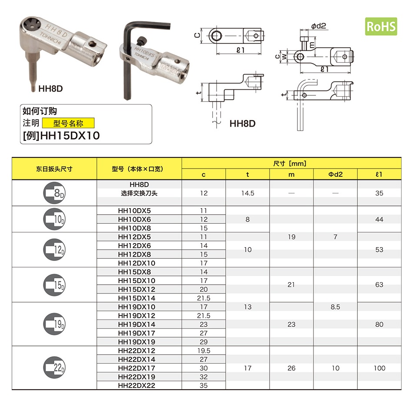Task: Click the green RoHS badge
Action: pos(381,26)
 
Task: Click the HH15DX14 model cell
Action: pos(137,298)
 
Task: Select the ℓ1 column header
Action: pos(379,174)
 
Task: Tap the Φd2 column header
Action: pos(335,174)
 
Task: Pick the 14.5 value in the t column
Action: pos(247,193)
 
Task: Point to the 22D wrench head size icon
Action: pos(54,368)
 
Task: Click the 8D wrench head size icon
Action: pos(54,193)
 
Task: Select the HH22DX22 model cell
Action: pos(137,385)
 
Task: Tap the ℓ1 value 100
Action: pos(379,368)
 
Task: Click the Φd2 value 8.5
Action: pos(335,307)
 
